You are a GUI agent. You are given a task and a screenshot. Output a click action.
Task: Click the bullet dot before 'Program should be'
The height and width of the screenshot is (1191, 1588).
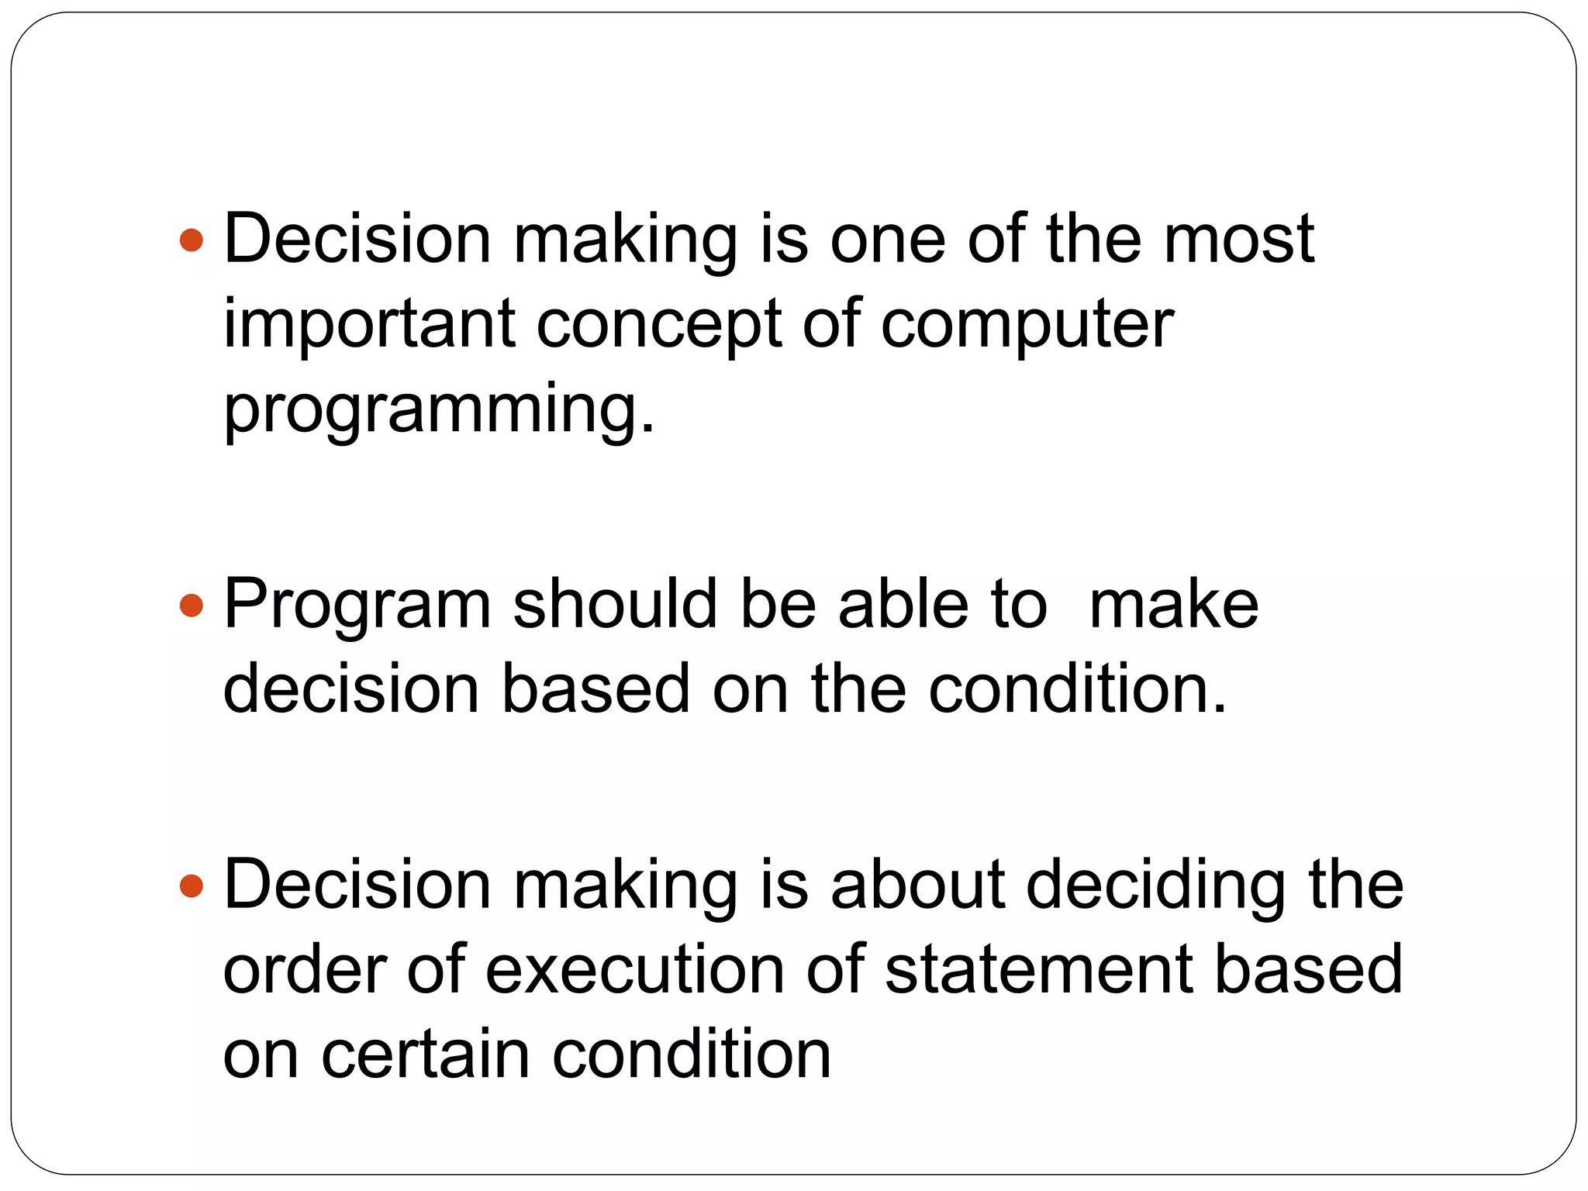(191, 606)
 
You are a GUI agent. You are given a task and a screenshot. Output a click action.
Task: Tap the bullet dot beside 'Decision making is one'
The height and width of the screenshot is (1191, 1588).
(191, 240)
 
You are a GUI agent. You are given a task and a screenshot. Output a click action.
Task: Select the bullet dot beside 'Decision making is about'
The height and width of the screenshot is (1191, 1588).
(191, 885)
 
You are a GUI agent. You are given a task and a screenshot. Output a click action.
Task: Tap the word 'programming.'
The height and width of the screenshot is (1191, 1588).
(439, 411)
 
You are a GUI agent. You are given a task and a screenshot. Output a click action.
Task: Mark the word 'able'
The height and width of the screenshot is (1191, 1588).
(903, 604)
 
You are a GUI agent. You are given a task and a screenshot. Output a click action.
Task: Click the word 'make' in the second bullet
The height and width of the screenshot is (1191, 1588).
(1173, 604)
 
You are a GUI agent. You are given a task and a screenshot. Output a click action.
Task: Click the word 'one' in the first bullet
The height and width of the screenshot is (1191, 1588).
(887, 240)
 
